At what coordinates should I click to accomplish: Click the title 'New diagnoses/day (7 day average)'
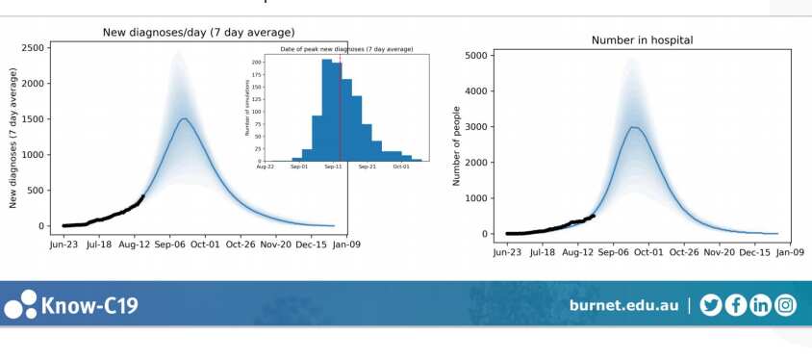(199, 33)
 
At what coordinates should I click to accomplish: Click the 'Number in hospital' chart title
(645, 39)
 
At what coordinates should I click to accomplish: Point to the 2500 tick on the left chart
(36, 47)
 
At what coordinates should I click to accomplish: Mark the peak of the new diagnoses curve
(183, 118)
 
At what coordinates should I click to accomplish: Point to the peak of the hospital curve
(634, 127)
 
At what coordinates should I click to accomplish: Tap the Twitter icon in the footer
(711, 305)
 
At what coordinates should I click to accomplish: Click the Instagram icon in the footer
(786, 305)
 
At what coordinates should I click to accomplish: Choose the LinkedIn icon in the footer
(761, 305)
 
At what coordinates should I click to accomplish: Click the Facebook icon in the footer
(736, 305)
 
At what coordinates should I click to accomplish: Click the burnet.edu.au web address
(623, 305)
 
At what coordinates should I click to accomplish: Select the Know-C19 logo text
(89, 306)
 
